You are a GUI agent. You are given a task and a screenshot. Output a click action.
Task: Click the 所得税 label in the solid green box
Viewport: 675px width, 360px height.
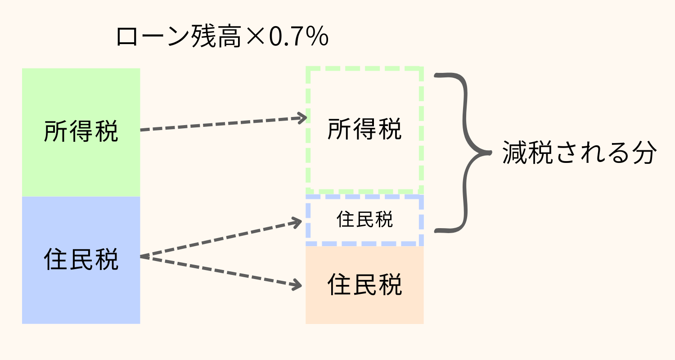(x=81, y=131)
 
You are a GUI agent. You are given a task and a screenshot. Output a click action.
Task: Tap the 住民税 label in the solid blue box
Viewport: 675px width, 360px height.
(x=81, y=260)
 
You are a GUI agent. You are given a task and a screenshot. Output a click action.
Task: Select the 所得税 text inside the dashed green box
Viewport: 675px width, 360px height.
(x=364, y=130)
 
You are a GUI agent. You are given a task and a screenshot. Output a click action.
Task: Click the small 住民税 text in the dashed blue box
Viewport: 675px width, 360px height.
(x=364, y=220)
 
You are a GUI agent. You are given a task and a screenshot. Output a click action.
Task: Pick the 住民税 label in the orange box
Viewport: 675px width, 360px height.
(x=364, y=284)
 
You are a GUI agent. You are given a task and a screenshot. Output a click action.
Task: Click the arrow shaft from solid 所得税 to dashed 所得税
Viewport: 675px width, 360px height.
(x=220, y=124)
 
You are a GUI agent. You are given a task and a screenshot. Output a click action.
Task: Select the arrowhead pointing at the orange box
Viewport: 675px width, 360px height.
(x=297, y=285)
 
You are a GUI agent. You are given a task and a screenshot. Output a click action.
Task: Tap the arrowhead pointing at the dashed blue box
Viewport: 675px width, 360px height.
(x=297, y=221)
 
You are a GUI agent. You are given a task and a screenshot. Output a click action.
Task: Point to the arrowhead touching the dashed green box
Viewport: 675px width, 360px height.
(x=302, y=118)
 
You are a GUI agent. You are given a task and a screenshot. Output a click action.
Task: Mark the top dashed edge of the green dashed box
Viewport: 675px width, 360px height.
(x=364, y=69)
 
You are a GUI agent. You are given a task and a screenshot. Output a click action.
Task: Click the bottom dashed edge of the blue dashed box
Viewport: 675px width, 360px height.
(x=364, y=243)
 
